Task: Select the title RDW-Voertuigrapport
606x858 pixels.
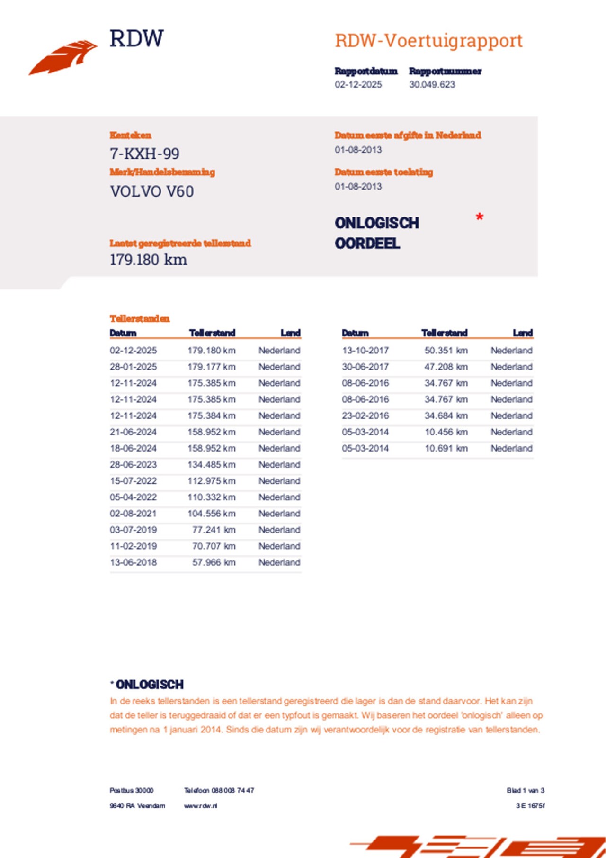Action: (428, 41)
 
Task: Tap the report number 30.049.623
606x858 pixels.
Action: (432, 84)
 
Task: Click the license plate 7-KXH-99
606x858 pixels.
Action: (144, 154)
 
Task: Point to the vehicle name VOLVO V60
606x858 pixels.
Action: (151, 191)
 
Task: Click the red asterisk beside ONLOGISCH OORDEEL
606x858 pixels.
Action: (479, 217)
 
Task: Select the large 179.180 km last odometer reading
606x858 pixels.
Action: (148, 260)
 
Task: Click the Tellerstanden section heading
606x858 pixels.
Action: (140, 318)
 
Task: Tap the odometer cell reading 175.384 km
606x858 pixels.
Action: (211, 415)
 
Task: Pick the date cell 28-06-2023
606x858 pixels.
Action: (133, 464)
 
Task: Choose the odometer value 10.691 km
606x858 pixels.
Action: (446, 448)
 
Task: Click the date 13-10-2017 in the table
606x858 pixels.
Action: (365, 351)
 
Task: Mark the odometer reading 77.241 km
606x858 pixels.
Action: (214, 530)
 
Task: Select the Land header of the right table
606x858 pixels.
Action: (523, 333)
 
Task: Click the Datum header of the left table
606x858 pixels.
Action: (123, 333)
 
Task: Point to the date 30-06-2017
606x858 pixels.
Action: (365, 367)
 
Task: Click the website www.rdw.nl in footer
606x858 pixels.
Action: (201, 805)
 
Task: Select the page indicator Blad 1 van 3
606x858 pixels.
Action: (525, 790)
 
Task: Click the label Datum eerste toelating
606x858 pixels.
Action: (383, 172)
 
